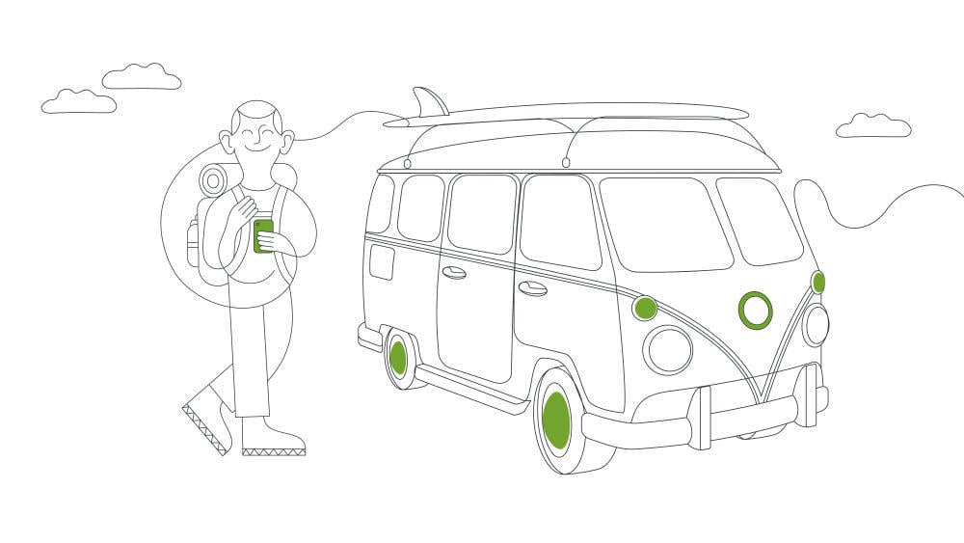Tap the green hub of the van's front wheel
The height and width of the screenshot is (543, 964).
(x=556, y=421)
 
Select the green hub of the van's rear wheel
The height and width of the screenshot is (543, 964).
(x=398, y=357)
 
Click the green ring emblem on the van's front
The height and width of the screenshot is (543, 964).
(x=756, y=310)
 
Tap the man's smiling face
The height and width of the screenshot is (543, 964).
(x=255, y=141)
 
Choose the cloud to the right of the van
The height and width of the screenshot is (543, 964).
(x=873, y=125)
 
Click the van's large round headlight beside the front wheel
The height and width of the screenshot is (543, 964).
(x=668, y=349)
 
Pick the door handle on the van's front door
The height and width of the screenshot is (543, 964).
(x=532, y=288)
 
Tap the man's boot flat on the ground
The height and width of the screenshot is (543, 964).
(x=272, y=440)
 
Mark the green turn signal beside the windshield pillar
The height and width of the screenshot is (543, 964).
(x=644, y=309)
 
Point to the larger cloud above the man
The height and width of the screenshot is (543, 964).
(x=143, y=77)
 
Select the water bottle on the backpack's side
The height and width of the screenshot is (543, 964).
(x=193, y=241)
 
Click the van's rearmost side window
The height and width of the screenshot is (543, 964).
(x=380, y=204)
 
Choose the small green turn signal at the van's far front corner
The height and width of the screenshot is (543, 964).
(x=817, y=283)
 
